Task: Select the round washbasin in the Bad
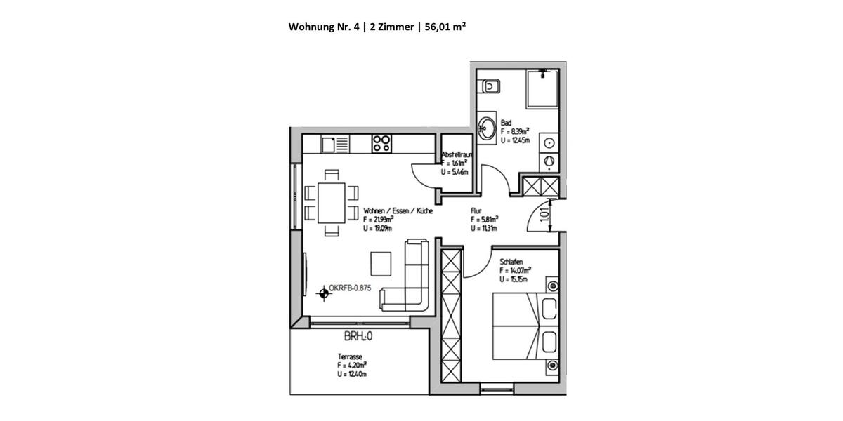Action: pyautogui.click(x=487, y=128)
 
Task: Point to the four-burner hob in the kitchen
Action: pyautogui.click(x=381, y=143)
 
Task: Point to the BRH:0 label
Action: pyautogui.click(x=358, y=336)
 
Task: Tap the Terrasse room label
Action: pyautogui.click(x=349, y=356)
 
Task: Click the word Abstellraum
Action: pyautogui.click(x=457, y=154)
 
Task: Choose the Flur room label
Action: pyautogui.click(x=476, y=210)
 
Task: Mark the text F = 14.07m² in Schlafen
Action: pyautogui.click(x=515, y=270)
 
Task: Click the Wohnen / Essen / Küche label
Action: pyautogui.click(x=398, y=210)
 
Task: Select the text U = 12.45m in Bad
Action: pyautogui.click(x=515, y=140)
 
